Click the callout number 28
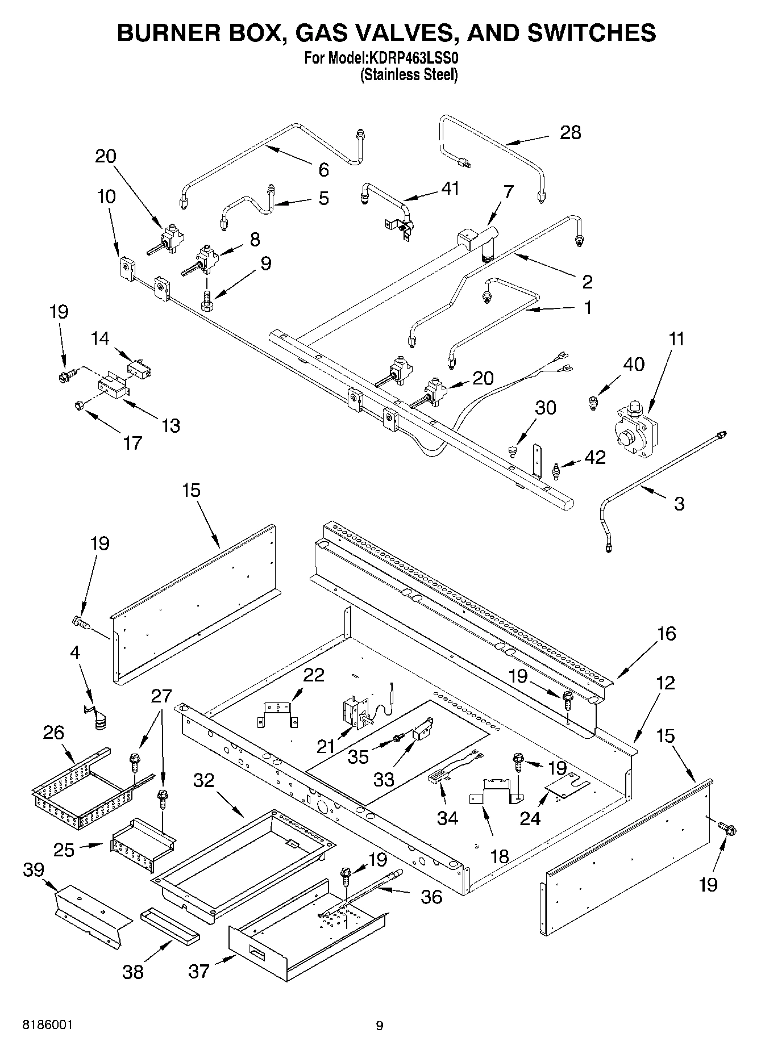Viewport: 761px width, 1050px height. click(570, 132)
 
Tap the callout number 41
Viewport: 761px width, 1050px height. click(450, 188)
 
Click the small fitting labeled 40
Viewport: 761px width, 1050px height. click(593, 403)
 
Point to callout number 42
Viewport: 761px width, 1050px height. click(595, 457)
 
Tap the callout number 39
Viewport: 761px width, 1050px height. click(34, 869)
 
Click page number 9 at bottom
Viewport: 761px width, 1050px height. click(380, 1026)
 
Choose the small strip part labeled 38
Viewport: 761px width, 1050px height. click(170, 930)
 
